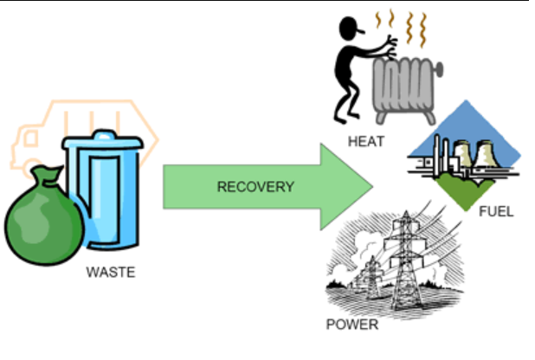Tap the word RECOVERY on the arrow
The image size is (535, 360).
pos(255,186)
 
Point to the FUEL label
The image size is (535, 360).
pos(495,211)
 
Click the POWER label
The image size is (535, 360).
pos(352,325)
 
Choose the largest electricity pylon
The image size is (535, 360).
pos(404,260)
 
